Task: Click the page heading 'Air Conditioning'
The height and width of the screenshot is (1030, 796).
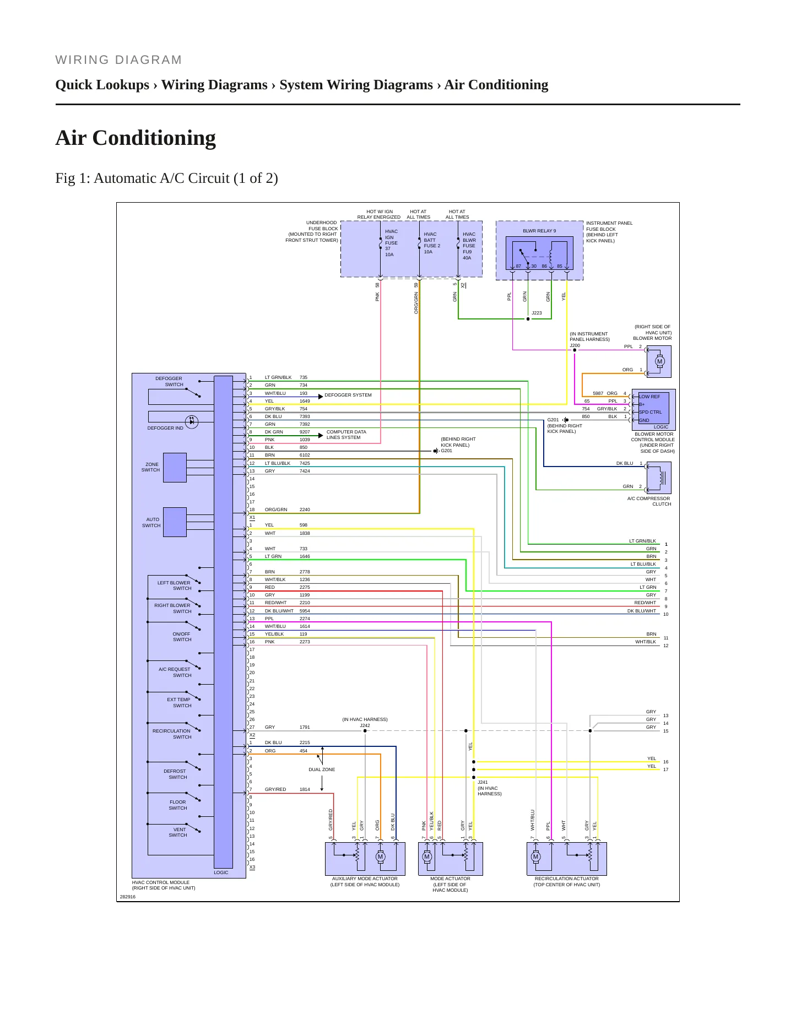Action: pos(136,138)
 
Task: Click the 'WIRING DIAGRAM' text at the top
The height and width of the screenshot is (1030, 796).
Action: pos(118,60)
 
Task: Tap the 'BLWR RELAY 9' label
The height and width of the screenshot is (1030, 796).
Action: pos(539,231)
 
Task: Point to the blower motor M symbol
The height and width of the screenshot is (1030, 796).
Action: pos(659,362)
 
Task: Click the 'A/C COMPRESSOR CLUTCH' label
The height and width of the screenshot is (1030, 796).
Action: pos(649,501)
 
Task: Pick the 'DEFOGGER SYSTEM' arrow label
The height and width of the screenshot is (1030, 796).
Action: pos(348,395)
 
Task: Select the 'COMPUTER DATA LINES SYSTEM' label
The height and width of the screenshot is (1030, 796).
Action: pos(346,435)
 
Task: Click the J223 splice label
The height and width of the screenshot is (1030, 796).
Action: pos(537,313)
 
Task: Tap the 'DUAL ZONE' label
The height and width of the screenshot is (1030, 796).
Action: pos(322,769)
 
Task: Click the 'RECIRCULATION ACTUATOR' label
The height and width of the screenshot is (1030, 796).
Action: pos(566,879)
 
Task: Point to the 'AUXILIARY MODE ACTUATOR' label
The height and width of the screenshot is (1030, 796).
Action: pos(365,879)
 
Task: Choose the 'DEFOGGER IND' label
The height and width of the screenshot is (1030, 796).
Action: pos(165,428)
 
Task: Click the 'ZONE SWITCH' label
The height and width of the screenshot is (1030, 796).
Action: pos(151,467)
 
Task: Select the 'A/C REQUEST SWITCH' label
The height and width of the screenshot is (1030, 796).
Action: pos(175,672)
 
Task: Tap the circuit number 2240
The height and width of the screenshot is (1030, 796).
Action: pos(305,509)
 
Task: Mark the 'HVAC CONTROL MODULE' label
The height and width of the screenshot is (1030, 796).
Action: pos(161,882)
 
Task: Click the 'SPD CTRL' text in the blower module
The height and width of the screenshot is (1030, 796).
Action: pos(651,412)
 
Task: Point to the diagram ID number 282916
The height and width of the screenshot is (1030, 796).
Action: pos(128,897)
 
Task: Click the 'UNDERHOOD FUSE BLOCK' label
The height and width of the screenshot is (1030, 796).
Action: pos(322,226)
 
